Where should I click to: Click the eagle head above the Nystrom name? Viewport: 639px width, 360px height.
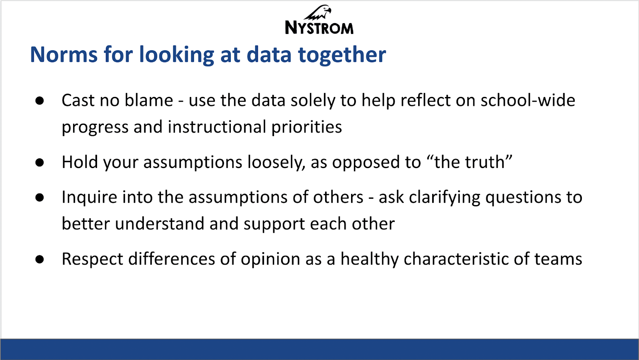pyautogui.click(x=318, y=12)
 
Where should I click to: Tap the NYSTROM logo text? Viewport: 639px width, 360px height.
pyautogui.click(x=319, y=28)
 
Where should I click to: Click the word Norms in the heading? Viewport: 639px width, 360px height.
pyautogui.click(x=64, y=54)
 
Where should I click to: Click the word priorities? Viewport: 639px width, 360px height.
pyautogui.click(x=306, y=127)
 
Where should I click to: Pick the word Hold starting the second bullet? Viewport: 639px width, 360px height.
pyautogui.click(x=80, y=162)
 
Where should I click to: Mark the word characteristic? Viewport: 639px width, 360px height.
pyautogui.click(x=456, y=259)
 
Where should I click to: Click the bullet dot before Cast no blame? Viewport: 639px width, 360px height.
pyautogui.click(x=40, y=101)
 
